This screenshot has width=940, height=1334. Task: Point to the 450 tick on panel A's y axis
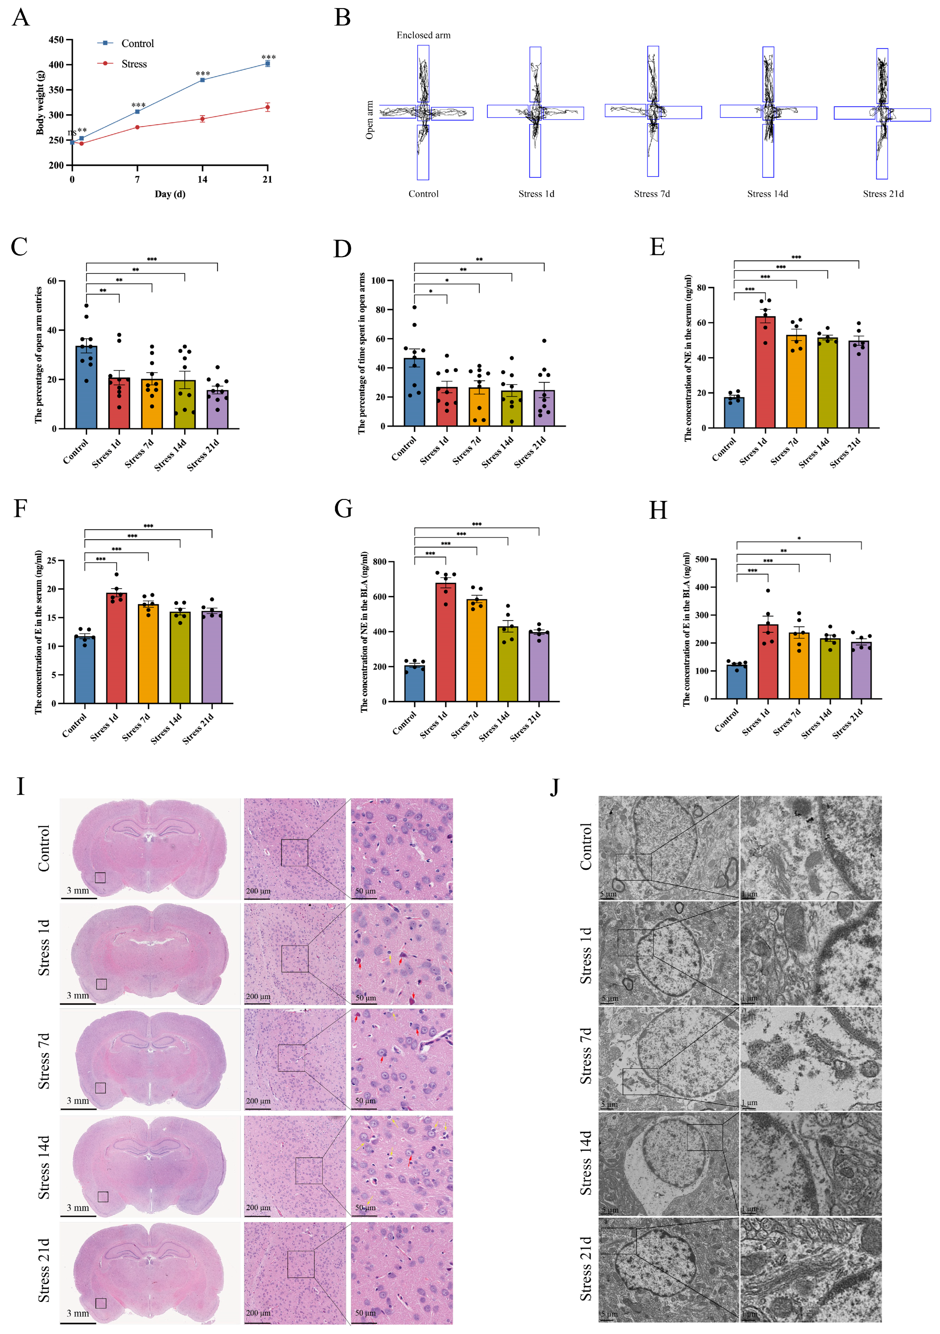click(57, 40)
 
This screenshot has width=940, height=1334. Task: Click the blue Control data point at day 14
click(202, 80)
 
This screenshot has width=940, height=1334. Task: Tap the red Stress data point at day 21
click(267, 107)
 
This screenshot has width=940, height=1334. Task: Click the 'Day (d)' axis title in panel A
click(170, 194)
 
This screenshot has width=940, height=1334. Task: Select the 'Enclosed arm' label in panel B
click(423, 35)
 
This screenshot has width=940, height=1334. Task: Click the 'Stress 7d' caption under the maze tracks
click(652, 194)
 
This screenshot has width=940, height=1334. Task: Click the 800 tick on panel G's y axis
click(380, 562)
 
